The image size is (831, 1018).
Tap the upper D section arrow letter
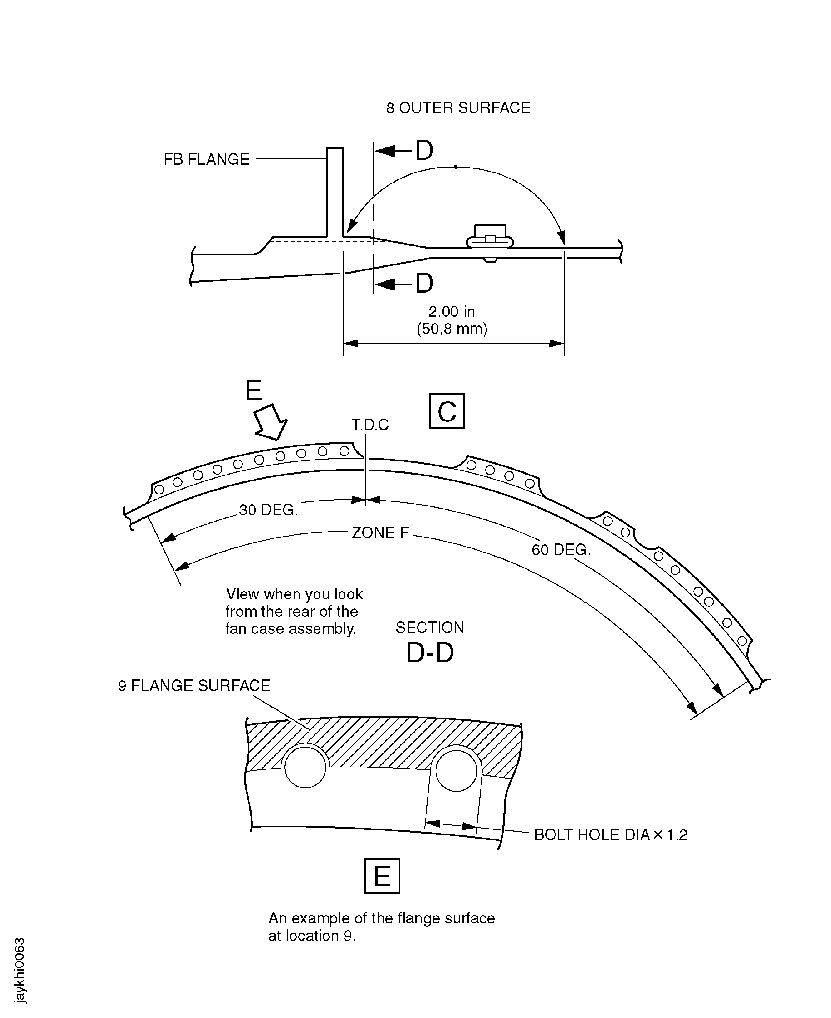tap(424, 151)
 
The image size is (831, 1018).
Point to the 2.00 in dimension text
tap(452, 312)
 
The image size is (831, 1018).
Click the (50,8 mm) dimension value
tap(452, 329)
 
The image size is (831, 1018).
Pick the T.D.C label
tap(370, 425)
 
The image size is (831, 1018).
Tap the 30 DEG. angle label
tap(269, 510)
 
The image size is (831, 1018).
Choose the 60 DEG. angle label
tap(561, 550)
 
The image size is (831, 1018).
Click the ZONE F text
tap(380, 533)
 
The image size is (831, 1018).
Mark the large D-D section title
tap(430, 653)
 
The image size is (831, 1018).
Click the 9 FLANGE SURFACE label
tap(194, 686)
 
